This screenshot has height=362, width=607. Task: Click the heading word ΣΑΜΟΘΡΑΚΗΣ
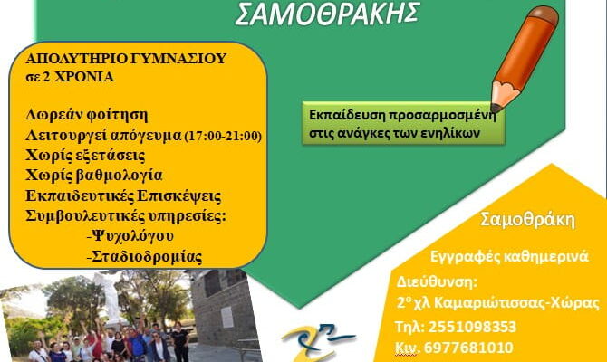(327, 14)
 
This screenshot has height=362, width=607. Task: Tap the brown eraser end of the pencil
(544, 15)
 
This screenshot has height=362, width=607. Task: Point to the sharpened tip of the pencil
(495, 108)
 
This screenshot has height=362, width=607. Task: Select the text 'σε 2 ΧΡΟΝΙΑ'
(70, 77)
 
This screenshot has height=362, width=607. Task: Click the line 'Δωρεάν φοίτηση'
(87, 115)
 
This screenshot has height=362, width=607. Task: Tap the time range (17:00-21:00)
(223, 136)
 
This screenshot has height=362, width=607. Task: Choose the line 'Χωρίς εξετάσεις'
(85, 156)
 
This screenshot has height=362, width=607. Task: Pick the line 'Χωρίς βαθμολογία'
(93, 176)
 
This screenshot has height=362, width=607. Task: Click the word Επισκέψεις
(179, 196)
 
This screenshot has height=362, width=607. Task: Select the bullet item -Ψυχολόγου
(130, 236)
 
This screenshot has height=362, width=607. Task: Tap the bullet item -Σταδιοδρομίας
(144, 256)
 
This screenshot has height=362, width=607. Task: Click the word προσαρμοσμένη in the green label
(441, 116)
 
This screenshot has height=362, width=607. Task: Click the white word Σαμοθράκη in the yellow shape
(527, 219)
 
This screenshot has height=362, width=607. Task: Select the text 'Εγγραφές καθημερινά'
(509, 256)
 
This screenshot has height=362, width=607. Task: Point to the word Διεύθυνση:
(437, 281)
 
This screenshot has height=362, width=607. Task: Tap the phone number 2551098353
(472, 327)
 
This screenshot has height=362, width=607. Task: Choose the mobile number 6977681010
(468, 348)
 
